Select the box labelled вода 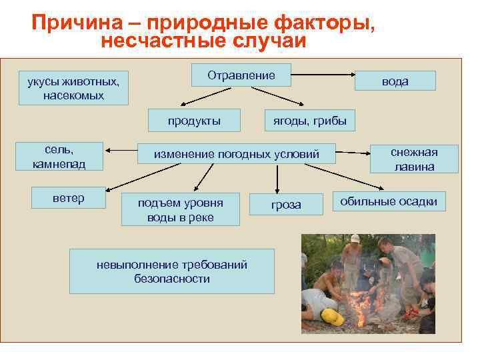click(x=395, y=81)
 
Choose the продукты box click(x=194, y=121)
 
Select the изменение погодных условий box click(x=237, y=155)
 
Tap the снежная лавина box click(x=414, y=159)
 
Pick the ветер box click(x=69, y=199)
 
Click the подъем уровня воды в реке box click(x=180, y=210)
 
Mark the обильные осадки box click(x=389, y=201)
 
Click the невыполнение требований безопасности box click(x=172, y=271)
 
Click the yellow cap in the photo click(x=331, y=317)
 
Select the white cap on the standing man click(x=355, y=238)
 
